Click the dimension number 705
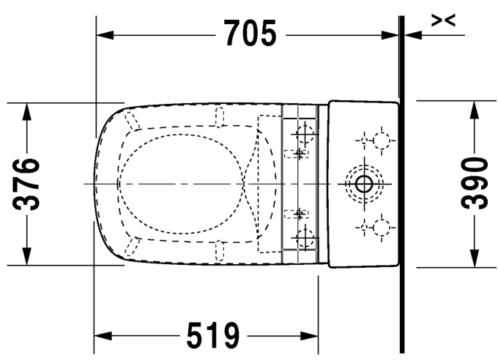point(250,33)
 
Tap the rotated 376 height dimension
point(29,183)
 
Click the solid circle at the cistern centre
point(363,183)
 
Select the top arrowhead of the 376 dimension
point(28,110)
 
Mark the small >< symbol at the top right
point(444,20)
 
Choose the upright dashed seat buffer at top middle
point(218,114)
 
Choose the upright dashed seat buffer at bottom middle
point(218,252)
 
